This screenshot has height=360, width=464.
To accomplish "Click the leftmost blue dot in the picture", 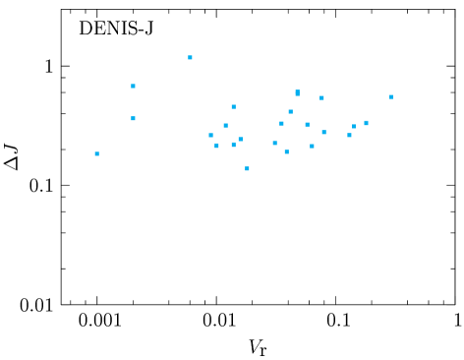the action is click(x=96, y=153).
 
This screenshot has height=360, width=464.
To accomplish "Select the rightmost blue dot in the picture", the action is click(x=391, y=96).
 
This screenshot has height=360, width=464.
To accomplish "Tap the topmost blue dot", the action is click(x=191, y=57).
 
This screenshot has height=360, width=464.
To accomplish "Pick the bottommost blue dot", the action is click(x=247, y=168).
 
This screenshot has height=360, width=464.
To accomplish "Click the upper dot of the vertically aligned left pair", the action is click(x=134, y=86).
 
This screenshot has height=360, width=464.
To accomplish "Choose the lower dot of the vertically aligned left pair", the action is click(x=134, y=118).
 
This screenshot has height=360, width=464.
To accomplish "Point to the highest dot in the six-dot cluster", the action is click(x=233, y=106).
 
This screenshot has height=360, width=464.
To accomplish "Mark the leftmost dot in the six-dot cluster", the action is click(x=210, y=135).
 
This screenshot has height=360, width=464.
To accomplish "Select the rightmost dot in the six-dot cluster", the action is click(x=240, y=139).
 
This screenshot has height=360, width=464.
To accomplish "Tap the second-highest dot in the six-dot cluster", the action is click(x=225, y=125).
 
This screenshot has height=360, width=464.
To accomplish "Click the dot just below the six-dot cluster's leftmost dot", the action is click(x=216, y=146).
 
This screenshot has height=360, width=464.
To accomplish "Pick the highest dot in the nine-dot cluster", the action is click(x=297, y=92).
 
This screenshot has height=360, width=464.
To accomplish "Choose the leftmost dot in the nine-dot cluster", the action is click(x=274, y=143).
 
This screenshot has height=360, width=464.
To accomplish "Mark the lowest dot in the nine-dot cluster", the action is click(x=286, y=151).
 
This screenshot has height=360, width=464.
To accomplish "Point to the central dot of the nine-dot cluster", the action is click(x=307, y=125).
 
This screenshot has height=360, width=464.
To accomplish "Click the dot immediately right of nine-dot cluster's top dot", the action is click(x=321, y=97).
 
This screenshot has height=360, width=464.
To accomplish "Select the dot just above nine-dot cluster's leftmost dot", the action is click(x=281, y=123).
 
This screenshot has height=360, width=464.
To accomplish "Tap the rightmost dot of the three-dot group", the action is click(x=366, y=123).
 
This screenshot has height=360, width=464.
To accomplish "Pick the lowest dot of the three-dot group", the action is click(x=349, y=135).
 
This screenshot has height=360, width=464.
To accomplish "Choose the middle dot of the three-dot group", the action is click(x=354, y=126).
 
